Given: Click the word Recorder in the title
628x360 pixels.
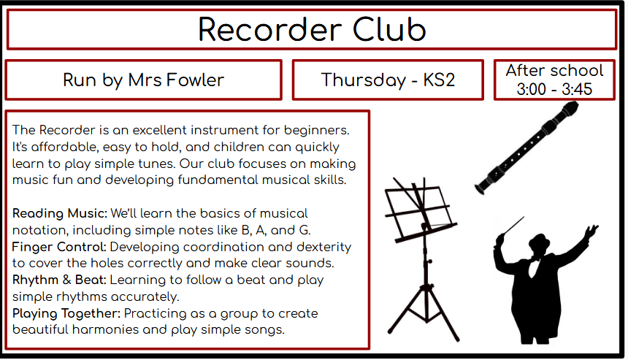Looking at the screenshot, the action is click(x=270, y=30).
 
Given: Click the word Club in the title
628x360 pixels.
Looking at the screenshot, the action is click(x=389, y=30).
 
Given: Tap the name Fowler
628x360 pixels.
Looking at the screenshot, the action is click(x=195, y=80).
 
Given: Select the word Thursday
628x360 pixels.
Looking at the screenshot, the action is click(x=364, y=80).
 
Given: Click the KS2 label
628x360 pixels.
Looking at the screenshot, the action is click(x=439, y=80).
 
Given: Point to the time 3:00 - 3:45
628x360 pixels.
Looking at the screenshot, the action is click(x=554, y=89).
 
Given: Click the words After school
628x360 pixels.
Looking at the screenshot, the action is click(x=554, y=71).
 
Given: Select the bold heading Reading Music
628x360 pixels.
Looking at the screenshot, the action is click(x=60, y=213).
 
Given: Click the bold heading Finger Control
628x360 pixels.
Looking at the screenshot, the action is click(x=59, y=247).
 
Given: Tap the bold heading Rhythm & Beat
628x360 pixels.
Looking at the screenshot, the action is click(x=59, y=280).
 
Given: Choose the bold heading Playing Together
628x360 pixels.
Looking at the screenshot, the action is click(x=66, y=313).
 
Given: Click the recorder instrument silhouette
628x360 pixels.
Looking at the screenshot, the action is click(x=527, y=148).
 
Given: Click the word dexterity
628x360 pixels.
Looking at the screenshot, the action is click(x=324, y=247).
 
